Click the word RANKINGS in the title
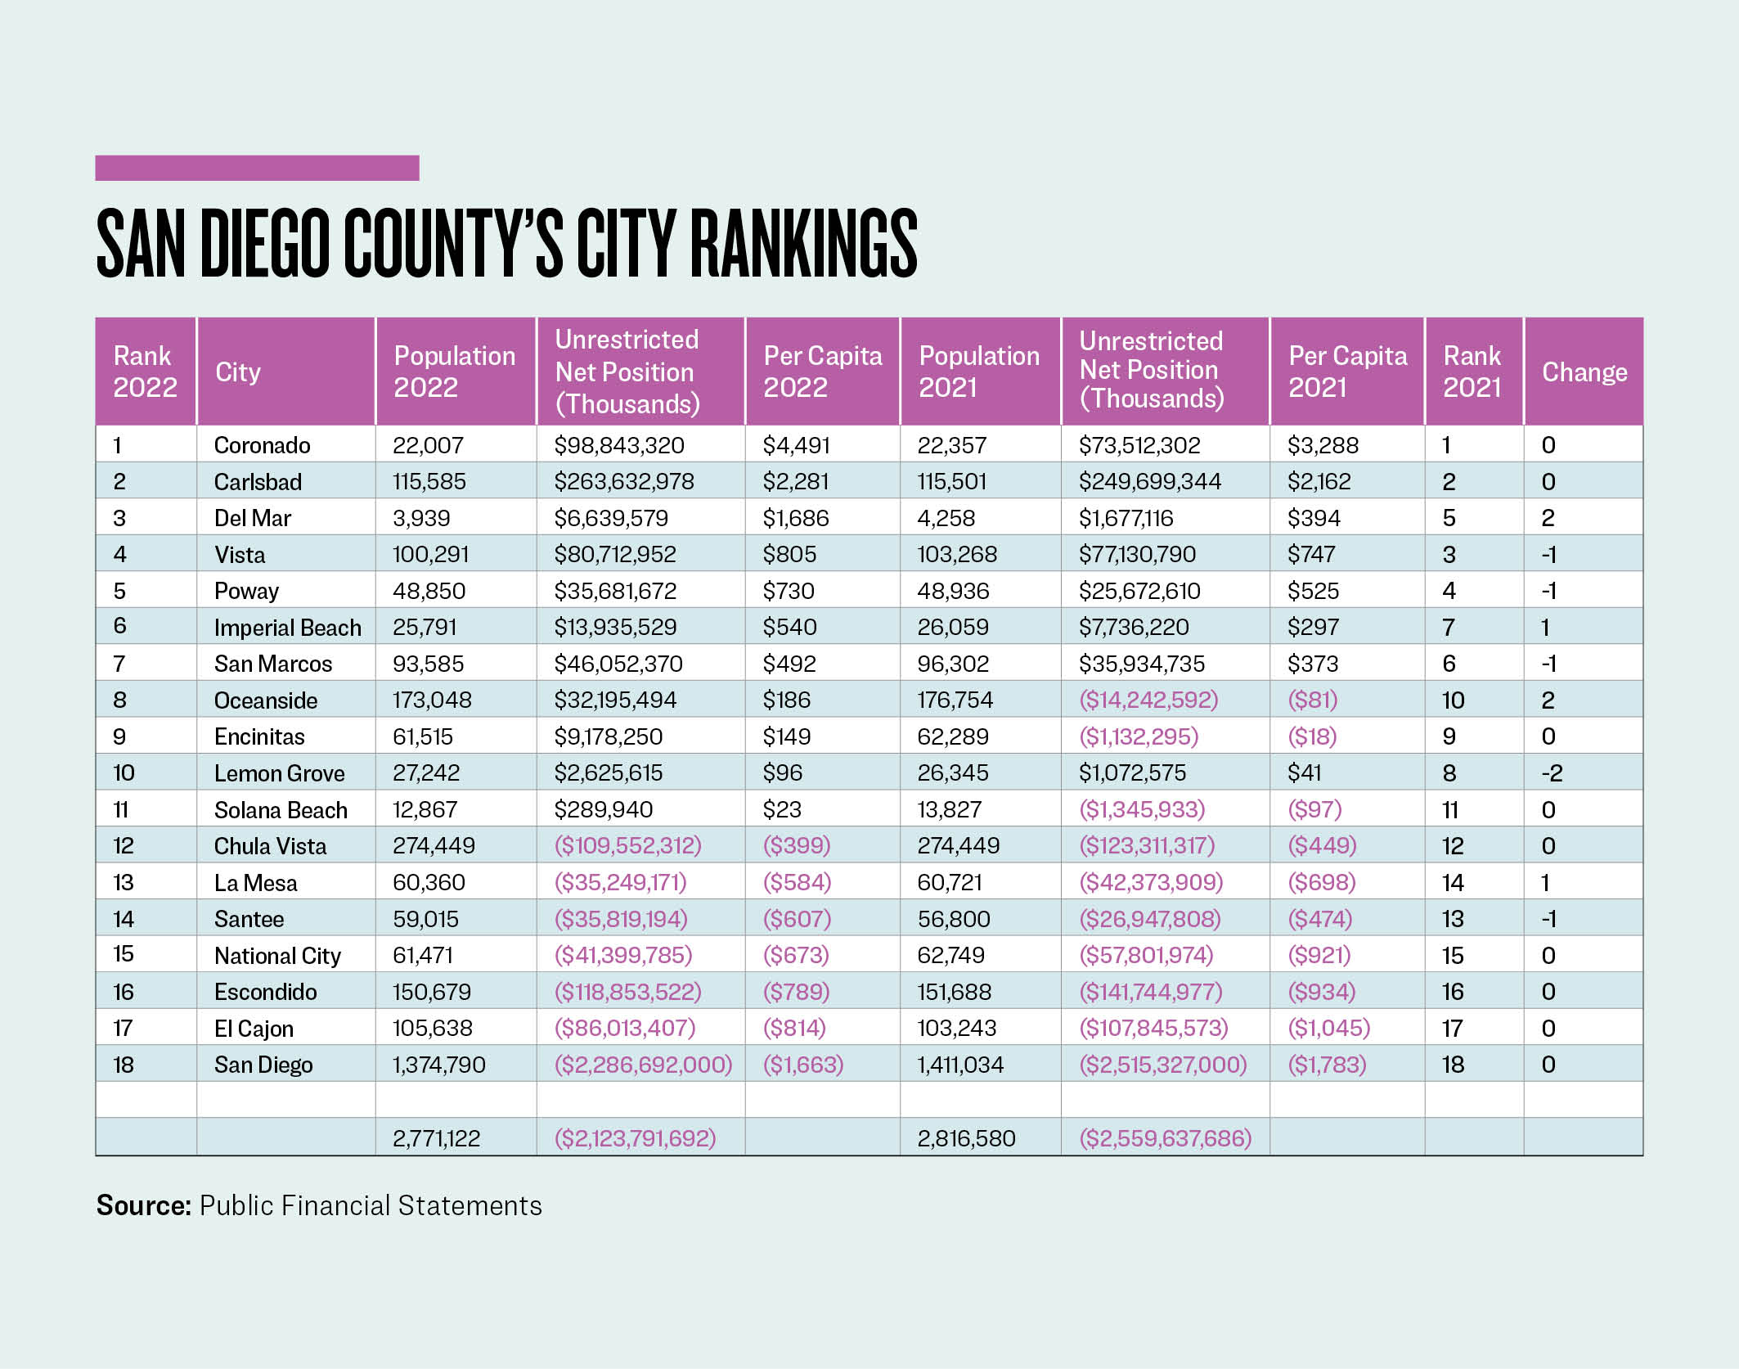[x=804, y=243]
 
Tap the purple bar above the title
[x=257, y=168]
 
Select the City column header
[x=238, y=372]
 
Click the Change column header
[x=1584, y=372]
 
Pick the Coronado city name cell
[x=263, y=445]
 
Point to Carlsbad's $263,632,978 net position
[x=624, y=482]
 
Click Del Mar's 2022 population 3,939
[x=421, y=518]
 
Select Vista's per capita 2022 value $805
[x=789, y=554]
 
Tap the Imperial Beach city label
[x=288, y=628]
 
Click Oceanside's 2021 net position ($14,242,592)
[x=1148, y=700]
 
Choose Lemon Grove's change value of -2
[x=1552, y=773]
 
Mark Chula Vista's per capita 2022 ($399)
[x=797, y=845]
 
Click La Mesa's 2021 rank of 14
[x=1453, y=883]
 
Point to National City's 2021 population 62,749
[x=950, y=955]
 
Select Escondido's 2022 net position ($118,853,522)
[x=628, y=992]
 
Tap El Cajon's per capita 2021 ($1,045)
[x=1328, y=1028]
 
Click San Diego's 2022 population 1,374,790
[x=439, y=1065]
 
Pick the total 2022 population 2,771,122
[x=437, y=1138]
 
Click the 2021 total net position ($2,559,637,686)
[x=1166, y=1138]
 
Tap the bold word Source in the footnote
[x=144, y=1205]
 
